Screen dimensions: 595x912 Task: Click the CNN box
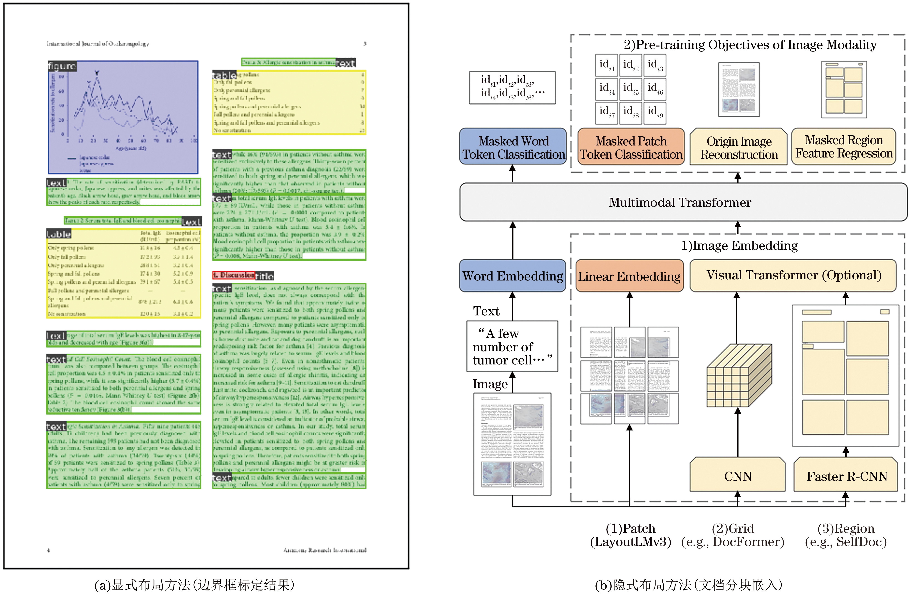click(x=738, y=476)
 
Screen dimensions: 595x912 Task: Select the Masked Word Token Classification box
click(x=513, y=148)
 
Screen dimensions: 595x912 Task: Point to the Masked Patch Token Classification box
click(x=631, y=148)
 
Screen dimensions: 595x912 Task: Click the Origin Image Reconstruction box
click(x=739, y=148)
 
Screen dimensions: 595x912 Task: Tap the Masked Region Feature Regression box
click(x=844, y=147)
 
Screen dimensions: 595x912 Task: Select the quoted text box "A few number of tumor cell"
click(x=512, y=347)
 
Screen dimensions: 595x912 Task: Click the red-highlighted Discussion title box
click(x=234, y=275)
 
